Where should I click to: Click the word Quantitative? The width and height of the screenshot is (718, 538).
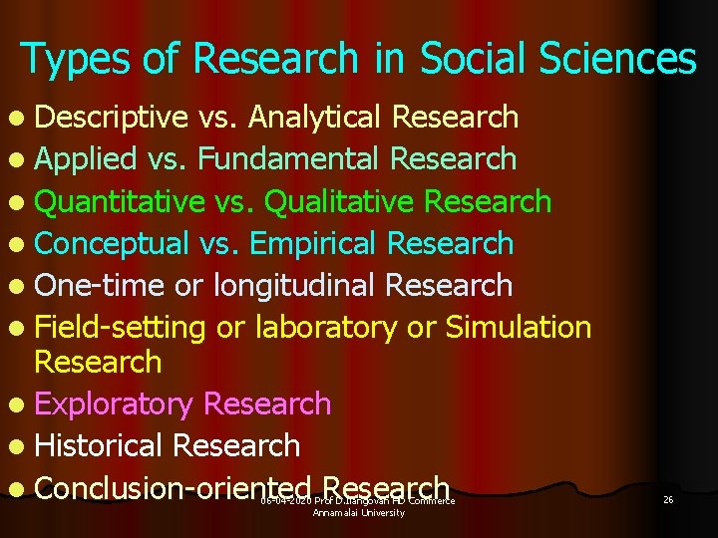click(x=120, y=201)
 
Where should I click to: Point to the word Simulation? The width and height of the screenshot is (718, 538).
click(x=519, y=328)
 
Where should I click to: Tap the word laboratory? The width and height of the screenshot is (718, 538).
click(x=327, y=328)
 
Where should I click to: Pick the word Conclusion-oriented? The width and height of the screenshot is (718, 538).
click(x=174, y=488)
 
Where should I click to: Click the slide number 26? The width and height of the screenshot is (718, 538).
click(x=668, y=499)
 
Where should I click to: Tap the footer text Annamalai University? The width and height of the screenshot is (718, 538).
click(x=359, y=513)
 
